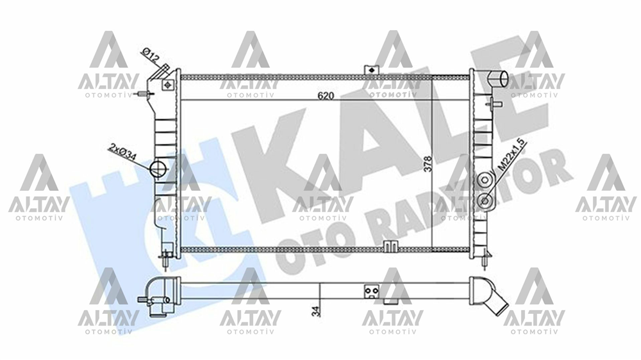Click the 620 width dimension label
[326, 95]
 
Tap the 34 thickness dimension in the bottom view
[314, 310]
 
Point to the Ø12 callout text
[150, 55]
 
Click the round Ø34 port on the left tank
[158, 170]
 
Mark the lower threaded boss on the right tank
[485, 201]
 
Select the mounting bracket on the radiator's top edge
[370, 70]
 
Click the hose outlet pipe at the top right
[497, 79]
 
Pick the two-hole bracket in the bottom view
[370, 291]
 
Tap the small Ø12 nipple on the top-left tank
[163, 68]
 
